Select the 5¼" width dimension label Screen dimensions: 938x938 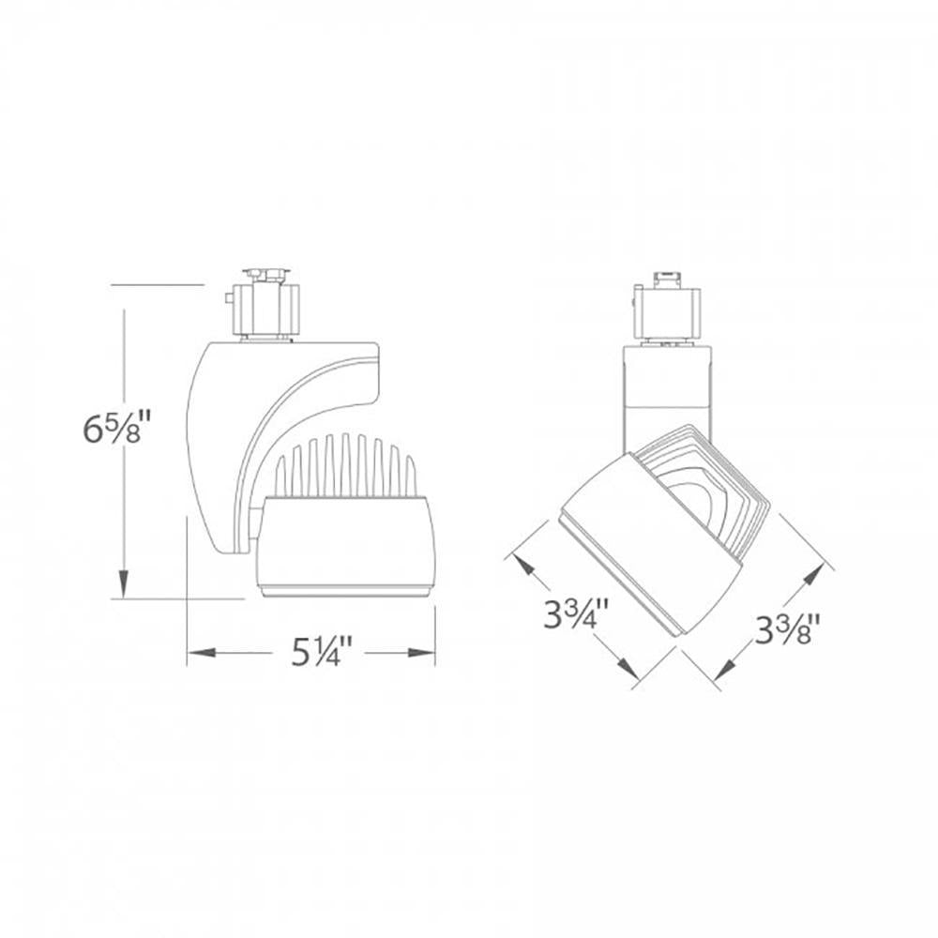click(x=318, y=652)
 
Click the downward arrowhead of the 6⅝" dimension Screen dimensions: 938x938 click(x=124, y=583)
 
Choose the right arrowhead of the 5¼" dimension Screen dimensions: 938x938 click(x=421, y=653)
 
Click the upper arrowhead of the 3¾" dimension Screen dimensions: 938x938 click(x=523, y=567)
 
